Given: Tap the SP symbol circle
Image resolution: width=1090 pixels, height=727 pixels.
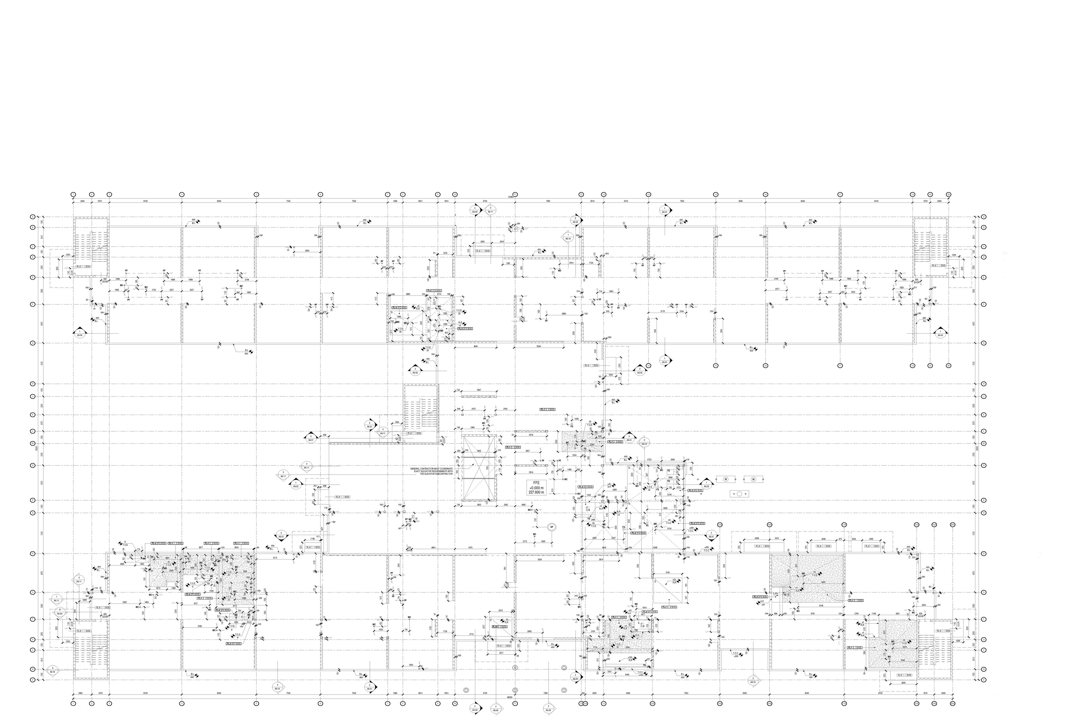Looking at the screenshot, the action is coord(551,527).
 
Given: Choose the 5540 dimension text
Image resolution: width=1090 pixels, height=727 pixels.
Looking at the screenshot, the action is coord(539,346).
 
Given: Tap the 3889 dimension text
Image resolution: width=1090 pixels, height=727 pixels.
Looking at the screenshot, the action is coord(564,314).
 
